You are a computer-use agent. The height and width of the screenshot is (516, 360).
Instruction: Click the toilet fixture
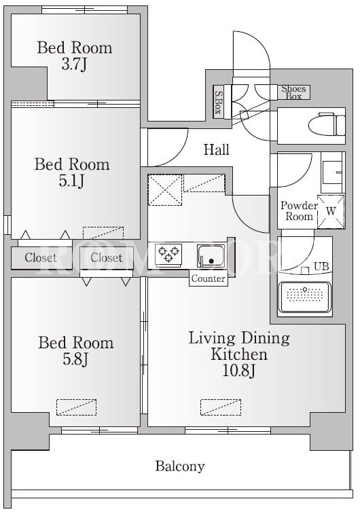click(x=327, y=124)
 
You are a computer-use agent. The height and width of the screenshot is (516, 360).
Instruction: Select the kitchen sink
click(x=211, y=256)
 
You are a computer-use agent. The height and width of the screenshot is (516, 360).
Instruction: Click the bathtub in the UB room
click(x=304, y=297)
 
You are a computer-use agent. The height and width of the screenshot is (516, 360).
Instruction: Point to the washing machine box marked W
click(x=331, y=212)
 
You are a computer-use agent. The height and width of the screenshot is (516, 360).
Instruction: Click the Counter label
click(x=208, y=278)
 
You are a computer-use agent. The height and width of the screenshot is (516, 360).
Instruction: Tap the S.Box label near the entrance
click(x=218, y=102)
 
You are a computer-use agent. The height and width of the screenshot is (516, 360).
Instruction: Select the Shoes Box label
click(x=293, y=92)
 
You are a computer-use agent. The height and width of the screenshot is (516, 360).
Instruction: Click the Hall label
click(x=216, y=150)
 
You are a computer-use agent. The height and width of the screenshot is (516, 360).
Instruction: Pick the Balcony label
click(x=180, y=466)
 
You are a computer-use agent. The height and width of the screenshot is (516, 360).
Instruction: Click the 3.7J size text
click(x=74, y=64)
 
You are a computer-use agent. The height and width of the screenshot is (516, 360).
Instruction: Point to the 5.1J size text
click(x=71, y=181)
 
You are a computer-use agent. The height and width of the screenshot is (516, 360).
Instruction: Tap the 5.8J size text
click(x=75, y=359)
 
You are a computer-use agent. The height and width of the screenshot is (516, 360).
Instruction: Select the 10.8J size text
click(x=239, y=371)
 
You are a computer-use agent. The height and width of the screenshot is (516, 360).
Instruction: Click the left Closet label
click(x=41, y=258)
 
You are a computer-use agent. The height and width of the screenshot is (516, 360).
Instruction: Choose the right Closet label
click(x=107, y=258)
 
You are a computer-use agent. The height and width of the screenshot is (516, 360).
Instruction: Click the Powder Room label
click(x=299, y=211)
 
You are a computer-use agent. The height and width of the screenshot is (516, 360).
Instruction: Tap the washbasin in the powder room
click(x=332, y=172)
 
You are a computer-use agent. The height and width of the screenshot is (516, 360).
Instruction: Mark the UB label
click(x=321, y=266)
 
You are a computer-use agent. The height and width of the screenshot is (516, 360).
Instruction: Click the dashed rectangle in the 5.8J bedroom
click(x=76, y=407)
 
